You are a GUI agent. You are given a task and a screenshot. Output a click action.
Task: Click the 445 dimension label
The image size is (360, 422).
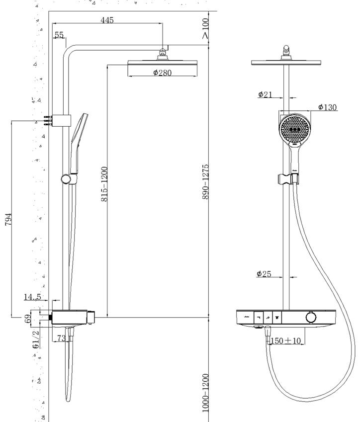click(107, 20)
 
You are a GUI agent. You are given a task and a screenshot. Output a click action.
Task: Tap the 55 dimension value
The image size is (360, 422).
click(59, 35)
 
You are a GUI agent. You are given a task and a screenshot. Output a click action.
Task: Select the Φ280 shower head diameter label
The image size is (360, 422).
click(162, 73)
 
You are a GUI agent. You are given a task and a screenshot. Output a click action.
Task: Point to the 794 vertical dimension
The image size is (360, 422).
click(8, 219)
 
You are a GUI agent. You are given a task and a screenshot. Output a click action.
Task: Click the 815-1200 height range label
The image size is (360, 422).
click(104, 184)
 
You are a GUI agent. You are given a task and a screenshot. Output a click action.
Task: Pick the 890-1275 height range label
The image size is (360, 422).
click(205, 181)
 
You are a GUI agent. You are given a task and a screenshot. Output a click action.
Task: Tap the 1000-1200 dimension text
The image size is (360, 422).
click(205, 392)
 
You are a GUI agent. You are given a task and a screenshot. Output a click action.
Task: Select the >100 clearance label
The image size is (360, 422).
click(205, 28)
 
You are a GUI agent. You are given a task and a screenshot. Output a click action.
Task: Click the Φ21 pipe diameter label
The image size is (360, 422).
click(265, 94)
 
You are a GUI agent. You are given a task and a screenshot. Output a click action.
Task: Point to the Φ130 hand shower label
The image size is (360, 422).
click(327, 107)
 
